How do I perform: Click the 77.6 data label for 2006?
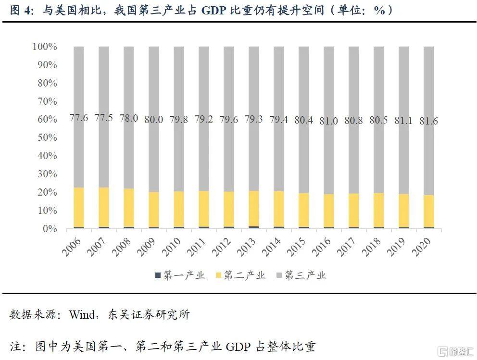[78, 118]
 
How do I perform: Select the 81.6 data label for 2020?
[428, 121]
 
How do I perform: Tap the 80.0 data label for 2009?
[153, 120]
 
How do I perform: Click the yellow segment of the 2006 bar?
[78, 207]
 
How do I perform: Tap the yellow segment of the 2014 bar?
[278, 209]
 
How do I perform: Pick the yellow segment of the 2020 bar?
[428, 211]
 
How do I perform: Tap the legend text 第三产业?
[305, 275]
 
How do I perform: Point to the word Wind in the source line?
[82, 315]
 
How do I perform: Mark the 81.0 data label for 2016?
[328, 121]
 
